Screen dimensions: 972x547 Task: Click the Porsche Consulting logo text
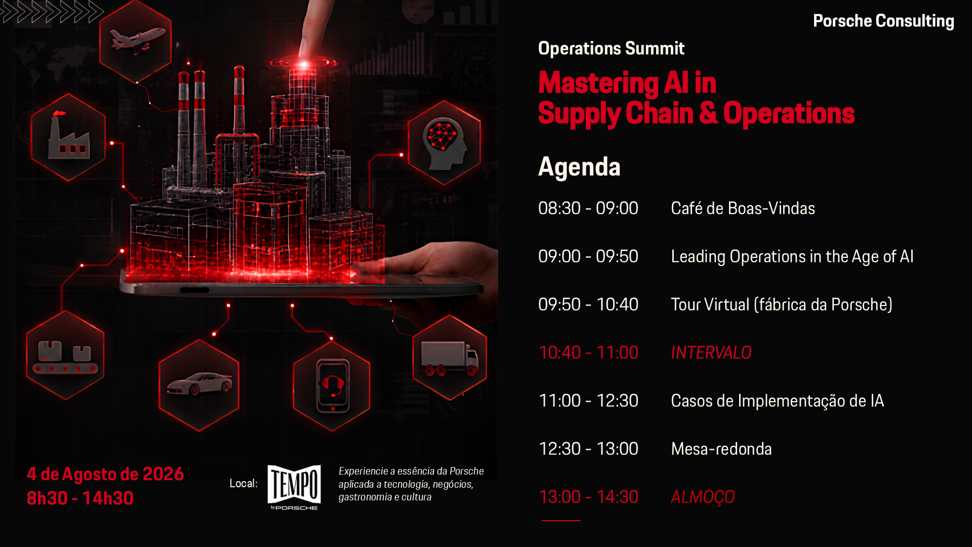point(883,21)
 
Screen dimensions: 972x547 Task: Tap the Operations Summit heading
point(611,48)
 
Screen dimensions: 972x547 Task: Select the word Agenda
point(579,167)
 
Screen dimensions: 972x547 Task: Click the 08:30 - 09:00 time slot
point(588,208)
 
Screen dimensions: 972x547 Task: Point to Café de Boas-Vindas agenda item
point(743,208)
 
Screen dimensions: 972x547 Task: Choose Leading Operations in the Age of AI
point(792,257)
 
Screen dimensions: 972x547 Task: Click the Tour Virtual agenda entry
point(782,304)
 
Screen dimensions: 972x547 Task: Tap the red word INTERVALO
point(711,353)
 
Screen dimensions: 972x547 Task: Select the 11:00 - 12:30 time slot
point(588,401)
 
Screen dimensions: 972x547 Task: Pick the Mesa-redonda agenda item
point(721,449)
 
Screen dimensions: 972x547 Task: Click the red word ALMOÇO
point(703,497)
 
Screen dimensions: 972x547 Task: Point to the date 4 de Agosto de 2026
point(105,474)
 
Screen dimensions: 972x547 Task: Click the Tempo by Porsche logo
point(294,487)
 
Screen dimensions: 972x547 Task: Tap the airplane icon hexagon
point(136,41)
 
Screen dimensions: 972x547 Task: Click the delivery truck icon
point(450,358)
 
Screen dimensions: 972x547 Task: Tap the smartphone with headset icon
point(332,386)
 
